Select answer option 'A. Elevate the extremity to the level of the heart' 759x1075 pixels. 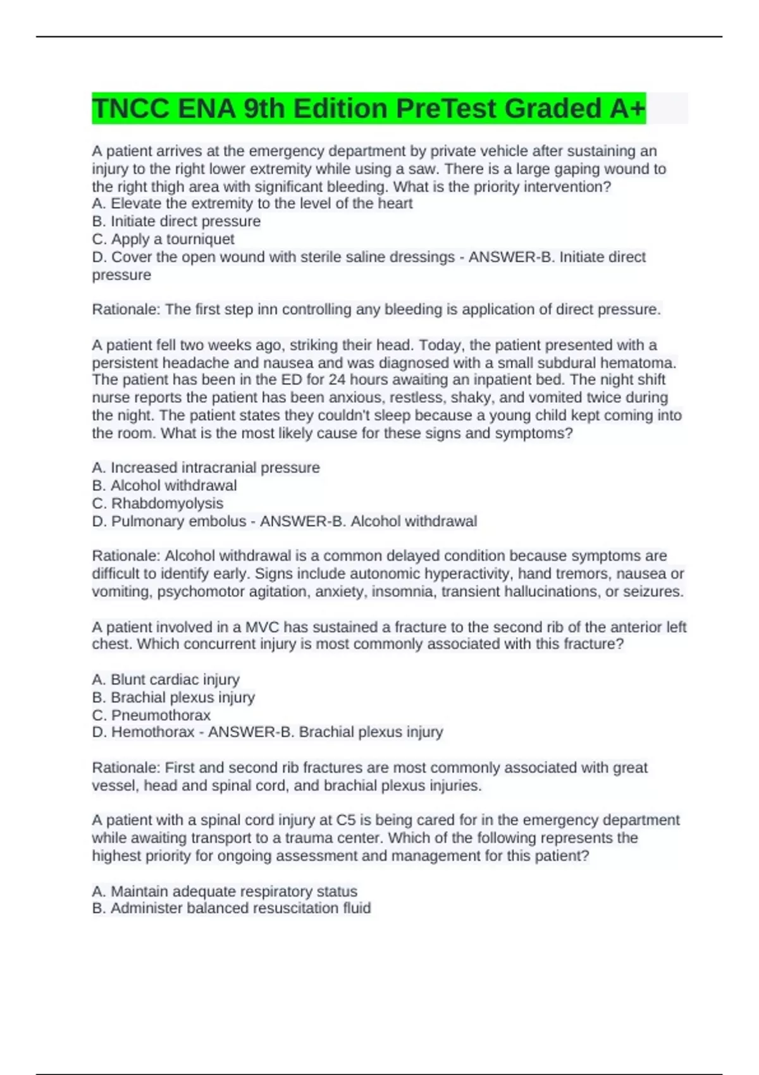(x=252, y=204)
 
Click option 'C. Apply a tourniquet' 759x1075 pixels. (x=163, y=239)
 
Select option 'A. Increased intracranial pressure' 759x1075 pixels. (x=206, y=468)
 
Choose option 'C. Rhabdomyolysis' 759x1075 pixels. (x=157, y=503)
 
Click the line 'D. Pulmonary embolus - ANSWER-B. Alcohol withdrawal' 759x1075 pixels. (x=284, y=522)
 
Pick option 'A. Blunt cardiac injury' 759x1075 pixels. (x=166, y=680)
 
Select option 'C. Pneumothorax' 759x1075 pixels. (x=151, y=715)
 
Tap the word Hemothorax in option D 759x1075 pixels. (x=153, y=732)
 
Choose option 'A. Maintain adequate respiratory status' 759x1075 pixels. (x=225, y=892)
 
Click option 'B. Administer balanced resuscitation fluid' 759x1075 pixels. (x=231, y=909)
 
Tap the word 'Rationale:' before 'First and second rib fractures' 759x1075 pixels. (x=126, y=768)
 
